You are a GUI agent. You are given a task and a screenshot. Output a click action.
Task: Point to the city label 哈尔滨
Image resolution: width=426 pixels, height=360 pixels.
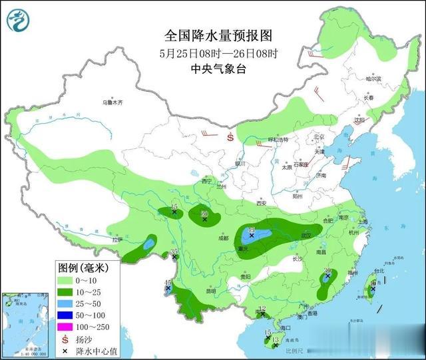pos(374,79)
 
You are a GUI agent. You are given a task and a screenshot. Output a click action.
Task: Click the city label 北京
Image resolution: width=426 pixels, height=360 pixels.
pos(318,137)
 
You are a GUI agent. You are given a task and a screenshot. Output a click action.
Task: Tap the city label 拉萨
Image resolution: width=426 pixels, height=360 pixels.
pos(118,240)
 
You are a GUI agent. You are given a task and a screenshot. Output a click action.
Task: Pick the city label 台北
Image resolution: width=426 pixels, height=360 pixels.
pos(379,271)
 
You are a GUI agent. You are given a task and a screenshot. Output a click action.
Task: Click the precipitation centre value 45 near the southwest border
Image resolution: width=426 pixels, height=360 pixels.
pos(168,283)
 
